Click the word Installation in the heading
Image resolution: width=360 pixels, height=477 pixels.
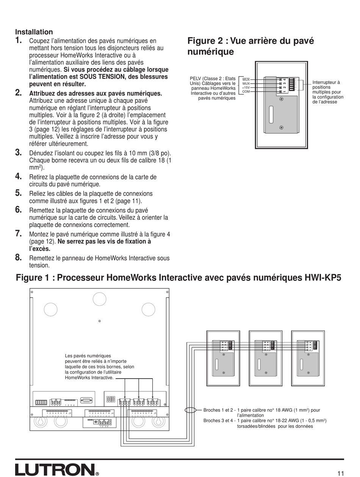[x=34, y=32]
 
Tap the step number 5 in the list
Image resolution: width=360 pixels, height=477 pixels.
[x=18, y=193]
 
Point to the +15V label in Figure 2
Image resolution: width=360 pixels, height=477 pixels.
[x=246, y=87]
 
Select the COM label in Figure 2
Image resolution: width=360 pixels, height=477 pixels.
[x=246, y=92]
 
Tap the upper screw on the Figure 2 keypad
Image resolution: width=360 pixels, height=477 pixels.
[x=281, y=99]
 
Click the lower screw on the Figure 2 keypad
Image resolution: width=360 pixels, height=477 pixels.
[x=281, y=128]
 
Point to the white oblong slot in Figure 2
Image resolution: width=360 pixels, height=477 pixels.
[x=271, y=115]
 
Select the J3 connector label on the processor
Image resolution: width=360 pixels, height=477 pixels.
[x=70, y=413]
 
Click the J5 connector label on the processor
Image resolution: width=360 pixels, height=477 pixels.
[x=155, y=413]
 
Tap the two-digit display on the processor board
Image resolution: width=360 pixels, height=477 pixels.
[x=111, y=400]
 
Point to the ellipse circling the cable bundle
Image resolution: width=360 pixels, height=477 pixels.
[x=190, y=410]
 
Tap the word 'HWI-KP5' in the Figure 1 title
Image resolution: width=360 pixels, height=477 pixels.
[x=323, y=278]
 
